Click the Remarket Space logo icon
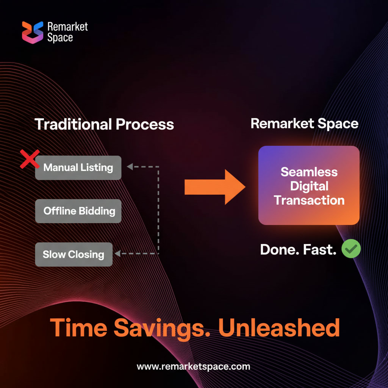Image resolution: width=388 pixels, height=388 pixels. [33, 32]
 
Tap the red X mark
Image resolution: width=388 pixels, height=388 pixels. [30, 159]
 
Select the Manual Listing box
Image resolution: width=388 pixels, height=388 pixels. [78, 167]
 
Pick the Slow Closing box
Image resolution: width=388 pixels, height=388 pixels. [74, 254]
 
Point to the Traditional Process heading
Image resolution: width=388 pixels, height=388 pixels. [104, 124]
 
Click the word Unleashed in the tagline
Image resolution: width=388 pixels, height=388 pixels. [279, 328]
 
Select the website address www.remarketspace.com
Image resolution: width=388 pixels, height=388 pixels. [193, 366]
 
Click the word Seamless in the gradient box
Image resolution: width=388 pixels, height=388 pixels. [309, 172]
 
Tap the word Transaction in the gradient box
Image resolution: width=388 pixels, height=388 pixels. [309, 200]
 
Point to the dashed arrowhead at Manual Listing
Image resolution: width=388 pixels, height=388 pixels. [130, 167]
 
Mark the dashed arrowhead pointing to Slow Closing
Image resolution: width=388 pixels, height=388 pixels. [118, 253]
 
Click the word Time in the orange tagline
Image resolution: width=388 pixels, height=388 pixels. [79, 328]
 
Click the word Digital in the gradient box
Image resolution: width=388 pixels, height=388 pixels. [309, 186]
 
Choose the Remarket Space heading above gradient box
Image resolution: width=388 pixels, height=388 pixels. [304, 124]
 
